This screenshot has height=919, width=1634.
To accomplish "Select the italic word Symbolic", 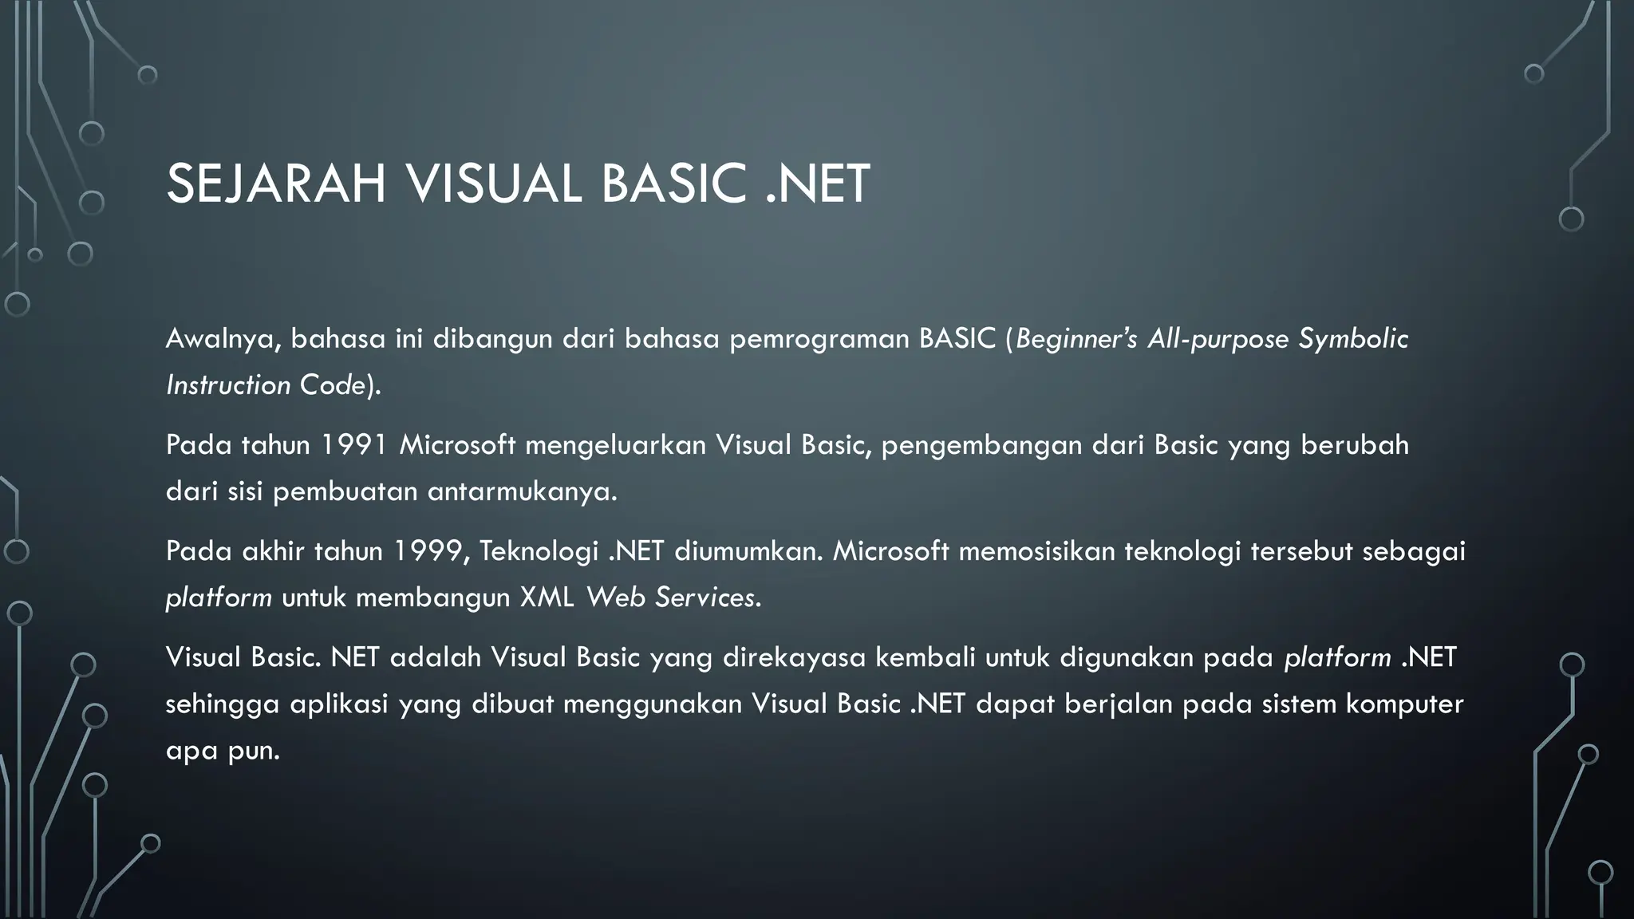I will pos(1353,339).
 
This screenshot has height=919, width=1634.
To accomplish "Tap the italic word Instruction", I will pos(228,385).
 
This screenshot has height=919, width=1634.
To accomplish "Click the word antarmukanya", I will pos(522,491).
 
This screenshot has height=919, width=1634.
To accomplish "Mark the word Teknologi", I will pos(539,550).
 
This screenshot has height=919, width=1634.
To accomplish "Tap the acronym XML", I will pos(547,597).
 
